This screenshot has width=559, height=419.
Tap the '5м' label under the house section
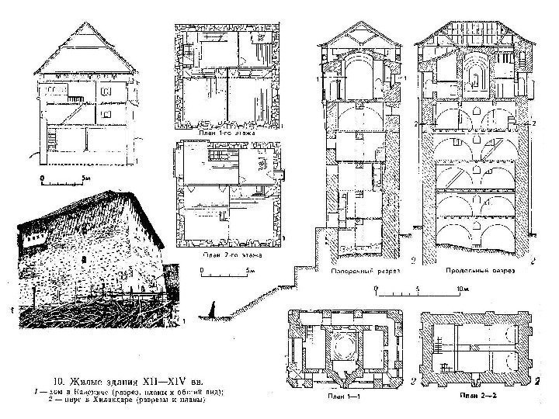click(86, 178)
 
